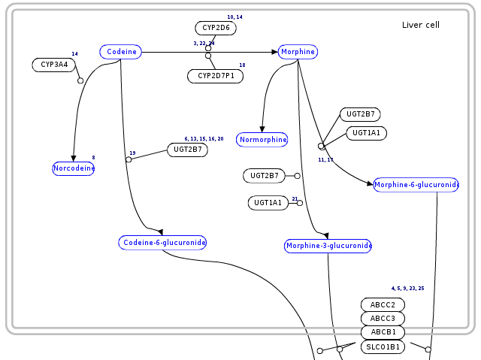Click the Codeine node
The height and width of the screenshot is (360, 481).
120,52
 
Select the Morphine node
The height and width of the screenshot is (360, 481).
298,52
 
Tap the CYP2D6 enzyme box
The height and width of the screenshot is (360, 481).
216,29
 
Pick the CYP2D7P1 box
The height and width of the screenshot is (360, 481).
215,76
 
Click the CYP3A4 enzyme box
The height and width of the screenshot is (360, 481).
54,65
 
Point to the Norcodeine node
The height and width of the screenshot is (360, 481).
74,168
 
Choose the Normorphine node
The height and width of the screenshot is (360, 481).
262,140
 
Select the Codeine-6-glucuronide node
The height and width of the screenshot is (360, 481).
162,242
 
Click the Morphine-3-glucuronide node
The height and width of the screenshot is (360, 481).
328,246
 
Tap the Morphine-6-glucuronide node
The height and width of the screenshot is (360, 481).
416,185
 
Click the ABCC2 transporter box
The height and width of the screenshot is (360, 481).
383,304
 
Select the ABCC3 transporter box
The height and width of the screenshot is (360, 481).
383,318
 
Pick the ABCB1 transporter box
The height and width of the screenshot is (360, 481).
383,331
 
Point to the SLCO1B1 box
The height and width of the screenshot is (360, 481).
383,347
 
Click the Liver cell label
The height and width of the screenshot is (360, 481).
421,26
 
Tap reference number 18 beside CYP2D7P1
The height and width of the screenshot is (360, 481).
242,65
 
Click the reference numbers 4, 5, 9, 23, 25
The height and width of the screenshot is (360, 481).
407,289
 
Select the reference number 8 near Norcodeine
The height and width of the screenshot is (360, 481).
93,157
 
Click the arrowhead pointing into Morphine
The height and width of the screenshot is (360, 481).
274,52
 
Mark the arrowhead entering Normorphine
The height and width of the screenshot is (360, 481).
262,130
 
